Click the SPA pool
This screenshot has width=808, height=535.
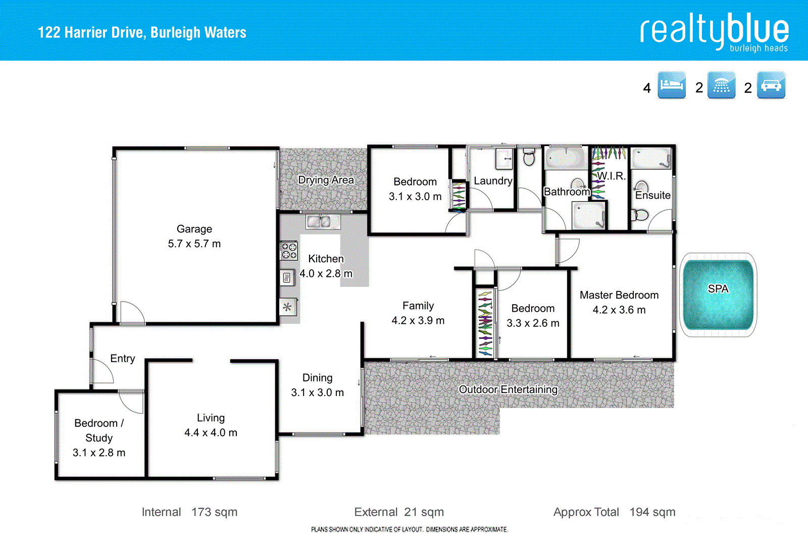[x=718, y=295]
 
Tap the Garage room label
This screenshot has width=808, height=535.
[x=194, y=229]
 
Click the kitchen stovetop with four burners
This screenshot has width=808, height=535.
[x=289, y=251]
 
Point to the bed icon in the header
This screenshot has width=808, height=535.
[x=672, y=85]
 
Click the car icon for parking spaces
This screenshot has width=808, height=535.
[x=771, y=85]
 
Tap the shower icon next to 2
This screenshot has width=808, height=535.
[x=721, y=85]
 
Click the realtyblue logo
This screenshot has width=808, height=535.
[x=714, y=31]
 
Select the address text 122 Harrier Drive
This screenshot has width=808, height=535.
[x=142, y=33]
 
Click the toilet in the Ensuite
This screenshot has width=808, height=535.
[x=640, y=215]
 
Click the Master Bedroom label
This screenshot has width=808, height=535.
[x=619, y=295]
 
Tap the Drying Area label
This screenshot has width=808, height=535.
[x=326, y=180]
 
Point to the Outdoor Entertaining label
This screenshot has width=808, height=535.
[x=508, y=390]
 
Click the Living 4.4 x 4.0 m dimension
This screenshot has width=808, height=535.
[x=211, y=433]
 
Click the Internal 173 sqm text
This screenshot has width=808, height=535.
[x=189, y=512]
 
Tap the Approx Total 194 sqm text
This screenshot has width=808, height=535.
[x=614, y=512]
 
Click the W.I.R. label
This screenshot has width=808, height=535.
[x=611, y=176]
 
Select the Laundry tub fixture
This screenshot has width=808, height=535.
[x=503, y=158]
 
